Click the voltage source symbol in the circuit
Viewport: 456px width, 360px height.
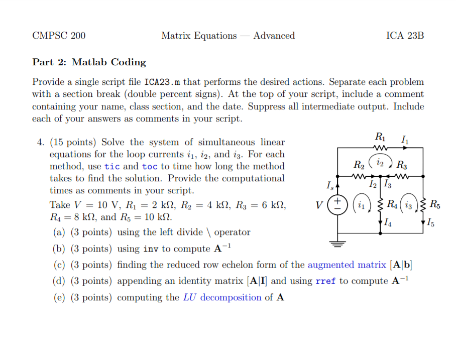click(337, 205)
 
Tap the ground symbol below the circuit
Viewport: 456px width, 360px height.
click(337, 245)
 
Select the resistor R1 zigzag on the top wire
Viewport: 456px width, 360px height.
click(380, 148)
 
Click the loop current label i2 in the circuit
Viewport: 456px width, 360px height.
click(380, 163)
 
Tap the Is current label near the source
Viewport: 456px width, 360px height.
click(329, 186)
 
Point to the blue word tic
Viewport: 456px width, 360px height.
click(112, 167)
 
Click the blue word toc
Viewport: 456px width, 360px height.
click(150, 167)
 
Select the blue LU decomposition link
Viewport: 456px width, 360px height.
click(222, 297)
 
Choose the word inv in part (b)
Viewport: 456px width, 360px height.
click(151, 249)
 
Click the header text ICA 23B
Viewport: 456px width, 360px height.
click(405, 36)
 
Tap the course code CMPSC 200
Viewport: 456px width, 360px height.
click(59, 36)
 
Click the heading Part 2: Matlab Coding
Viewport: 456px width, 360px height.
click(89, 62)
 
